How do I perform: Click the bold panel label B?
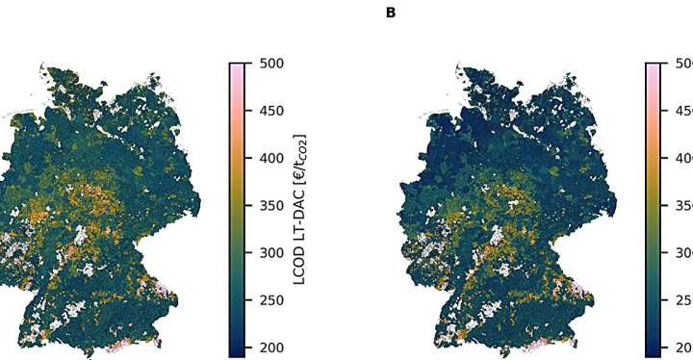(x=390, y=13)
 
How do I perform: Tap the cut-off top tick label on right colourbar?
(x=682, y=64)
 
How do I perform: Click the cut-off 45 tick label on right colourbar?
(x=682, y=111)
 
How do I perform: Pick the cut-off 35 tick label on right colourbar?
(x=682, y=205)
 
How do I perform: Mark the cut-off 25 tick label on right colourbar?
(x=682, y=300)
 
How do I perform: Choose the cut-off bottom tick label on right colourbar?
(x=682, y=347)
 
